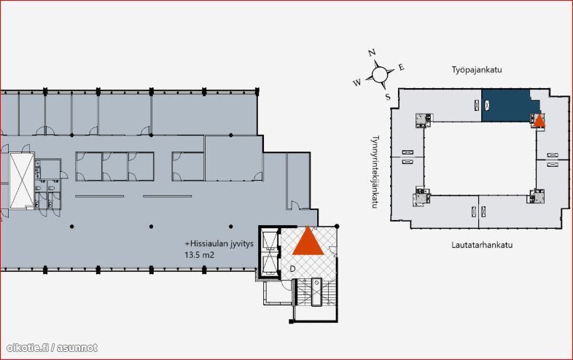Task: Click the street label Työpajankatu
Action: pyautogui.click(x=477, y=70)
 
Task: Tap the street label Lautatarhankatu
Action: pyautogui.click(x=482, y=245)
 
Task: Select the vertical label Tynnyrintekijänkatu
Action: pyautogui.click(x=375, y=172)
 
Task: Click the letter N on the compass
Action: pyautogui.click(x=372, y=53)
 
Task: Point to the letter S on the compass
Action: pyautogui.click(x=388, y=97)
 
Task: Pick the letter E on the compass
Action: pyautogui.click(x=401, y=67)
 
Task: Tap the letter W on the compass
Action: pyautogui.click(x=357, y=82)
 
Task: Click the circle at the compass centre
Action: pyautogui.click(x=380, y=74)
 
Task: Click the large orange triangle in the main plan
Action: pyautogui.click(x=308, y=240)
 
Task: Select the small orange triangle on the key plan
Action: pyautogui.click(x=539, y=120)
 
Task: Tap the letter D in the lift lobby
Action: pyautogui.click(x=292, y=269)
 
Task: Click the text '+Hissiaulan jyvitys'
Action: pyautogui.click(x=219, y=244)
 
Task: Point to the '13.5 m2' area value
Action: pyautogui.click(x=199, y=255)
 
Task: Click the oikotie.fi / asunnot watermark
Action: pyautogui.click(x=52, y=348)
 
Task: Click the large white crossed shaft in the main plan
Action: pyautogui.click(x=22, y=181)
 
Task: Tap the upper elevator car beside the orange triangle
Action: pyautogui.click(x=270, y=240)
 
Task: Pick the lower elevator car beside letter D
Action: pyautogui.click(x=270, y=265)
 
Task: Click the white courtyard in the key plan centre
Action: pyautogui.click(x=480, y=158)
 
